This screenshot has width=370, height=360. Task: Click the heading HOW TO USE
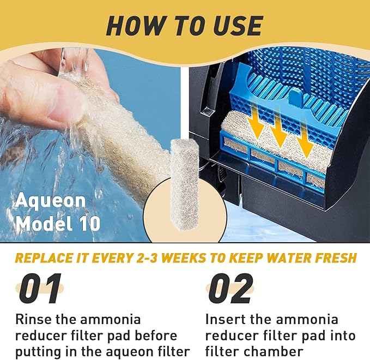(x=184, y=25)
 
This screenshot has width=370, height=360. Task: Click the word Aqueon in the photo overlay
(x=50, y=201)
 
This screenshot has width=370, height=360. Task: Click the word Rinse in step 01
(x=34, y=319)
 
